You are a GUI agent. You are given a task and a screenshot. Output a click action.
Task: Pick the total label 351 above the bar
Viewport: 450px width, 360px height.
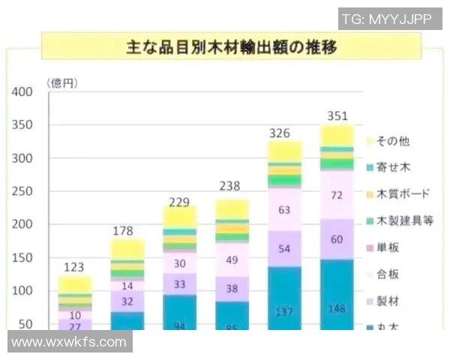[x=337, y=115]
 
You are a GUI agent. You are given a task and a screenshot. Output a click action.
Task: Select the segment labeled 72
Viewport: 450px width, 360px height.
[x=337, y=195]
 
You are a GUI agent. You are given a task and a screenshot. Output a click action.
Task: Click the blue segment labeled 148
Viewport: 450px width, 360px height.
[x=337, y=307]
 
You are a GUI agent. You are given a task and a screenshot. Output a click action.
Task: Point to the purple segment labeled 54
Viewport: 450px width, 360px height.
[x=284, y=247]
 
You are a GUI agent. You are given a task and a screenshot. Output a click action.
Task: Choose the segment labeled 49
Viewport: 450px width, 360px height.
[x=232, y=260]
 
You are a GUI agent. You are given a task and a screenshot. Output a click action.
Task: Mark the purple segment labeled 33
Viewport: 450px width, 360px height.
[x=180, y=285]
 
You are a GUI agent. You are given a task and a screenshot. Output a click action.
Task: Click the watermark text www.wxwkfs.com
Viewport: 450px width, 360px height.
[x=70, y=342]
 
